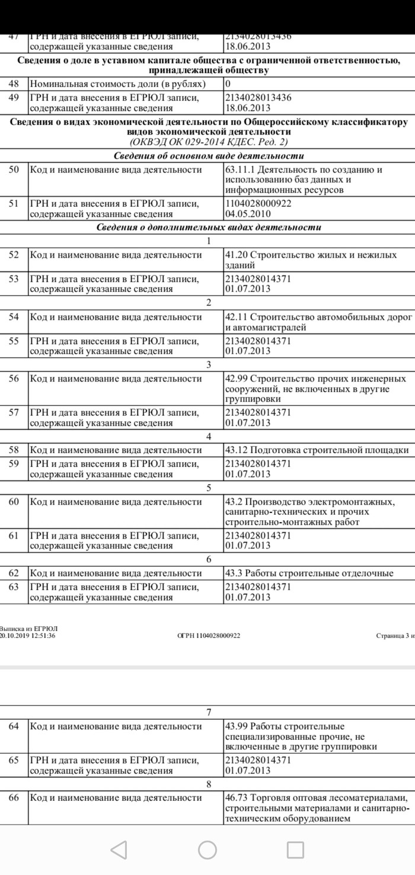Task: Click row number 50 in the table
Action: tap(14, 170)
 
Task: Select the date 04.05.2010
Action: tap(247, 214)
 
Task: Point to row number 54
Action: tap(14, 317)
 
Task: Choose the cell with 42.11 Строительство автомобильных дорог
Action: tap(318, 322)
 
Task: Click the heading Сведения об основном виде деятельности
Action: tap(209, 156)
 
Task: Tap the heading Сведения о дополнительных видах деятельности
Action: tap(209, 227)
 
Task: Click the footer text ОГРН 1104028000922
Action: tap(209, 636)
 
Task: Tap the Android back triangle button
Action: tap(119, 850)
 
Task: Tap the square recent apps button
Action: tap(295, 850)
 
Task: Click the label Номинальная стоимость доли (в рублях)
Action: tap(117, 84)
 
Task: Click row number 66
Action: tap(14, 798)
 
